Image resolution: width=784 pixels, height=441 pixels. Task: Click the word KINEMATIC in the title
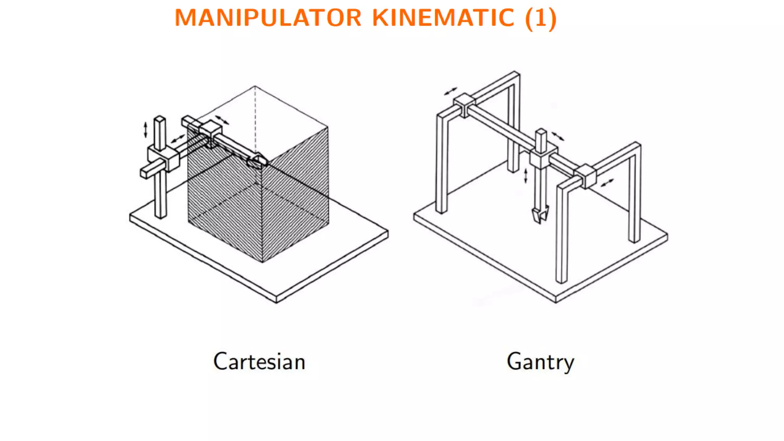pyautogui.click(x=443, y=18)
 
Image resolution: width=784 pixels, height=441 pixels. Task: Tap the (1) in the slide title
pyautogui.click(x=541, y=18)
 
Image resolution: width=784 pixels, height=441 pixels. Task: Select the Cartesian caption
pyautogui.click(x=259, y=362)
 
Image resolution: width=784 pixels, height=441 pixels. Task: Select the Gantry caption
pyautogui.click(x=540, y=362)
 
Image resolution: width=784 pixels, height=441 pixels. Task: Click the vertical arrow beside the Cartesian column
pyautogui.click(x=145, y=129)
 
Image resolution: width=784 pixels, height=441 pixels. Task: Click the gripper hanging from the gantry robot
pyautogui.click(x=540, y=214)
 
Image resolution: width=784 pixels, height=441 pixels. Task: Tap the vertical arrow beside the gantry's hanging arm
pyautogui.click(x=526, y=176)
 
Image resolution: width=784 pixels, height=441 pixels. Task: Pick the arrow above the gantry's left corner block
pyautogui.click(x=451, y=91)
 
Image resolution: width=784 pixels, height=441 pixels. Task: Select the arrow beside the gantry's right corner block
pyautogui.click(x=607, y=183)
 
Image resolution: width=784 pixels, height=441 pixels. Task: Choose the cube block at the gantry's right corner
pyautogui.click(x=585, y=176)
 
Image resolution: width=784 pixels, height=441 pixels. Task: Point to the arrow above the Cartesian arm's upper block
pyautogui.click(x=222, y=120)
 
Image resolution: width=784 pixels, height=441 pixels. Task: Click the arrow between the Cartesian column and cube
pyautogui.click(x=178, y=139)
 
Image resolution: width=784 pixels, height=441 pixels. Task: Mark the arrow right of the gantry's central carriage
pyautogui.click(x=558, y=136)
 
